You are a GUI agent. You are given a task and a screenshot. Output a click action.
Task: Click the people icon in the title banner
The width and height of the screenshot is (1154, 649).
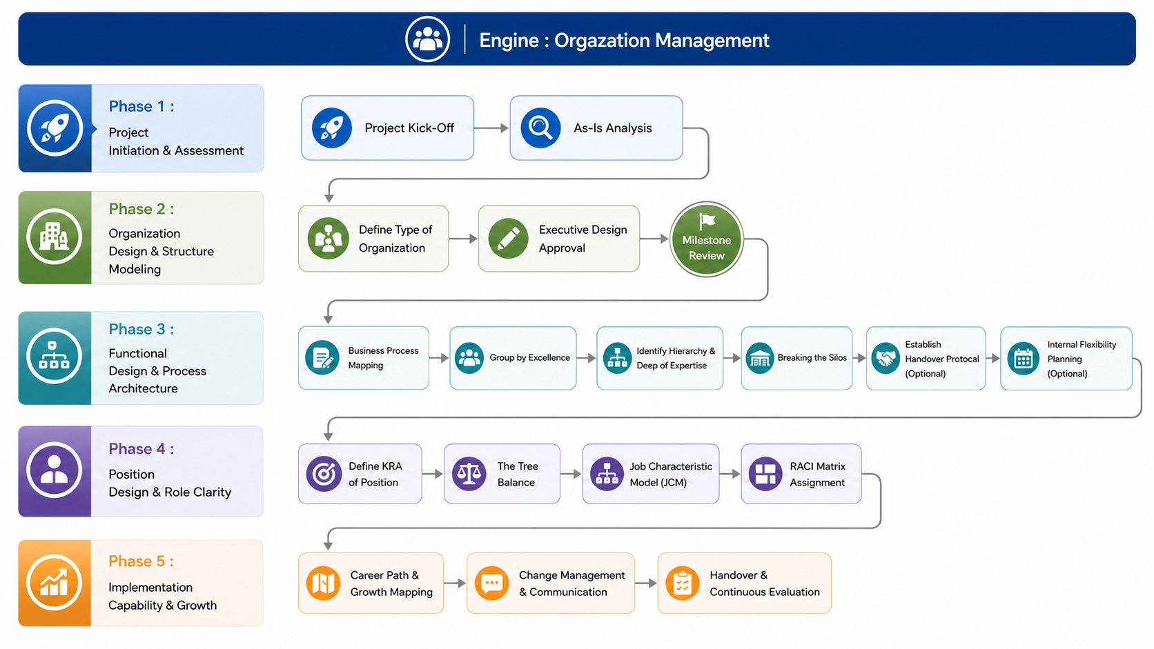(x=427, y=39)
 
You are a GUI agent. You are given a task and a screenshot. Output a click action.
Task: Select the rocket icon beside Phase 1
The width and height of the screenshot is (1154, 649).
(x=55, y=128)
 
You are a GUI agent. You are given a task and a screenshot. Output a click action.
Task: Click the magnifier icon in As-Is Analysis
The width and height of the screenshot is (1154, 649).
(x=540, y=128)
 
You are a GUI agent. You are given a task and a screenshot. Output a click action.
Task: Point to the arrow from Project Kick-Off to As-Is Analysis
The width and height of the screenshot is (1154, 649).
(x=491, y=128)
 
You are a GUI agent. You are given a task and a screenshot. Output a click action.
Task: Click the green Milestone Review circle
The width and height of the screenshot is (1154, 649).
(x=706, y=239)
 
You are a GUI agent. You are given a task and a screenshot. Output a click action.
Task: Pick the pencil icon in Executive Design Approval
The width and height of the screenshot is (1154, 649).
(x=508, y=239)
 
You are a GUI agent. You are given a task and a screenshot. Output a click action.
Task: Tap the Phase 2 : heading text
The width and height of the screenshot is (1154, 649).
(x=141, y=209)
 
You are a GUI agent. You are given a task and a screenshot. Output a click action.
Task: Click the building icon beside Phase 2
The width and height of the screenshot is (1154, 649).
(x=54, y=237)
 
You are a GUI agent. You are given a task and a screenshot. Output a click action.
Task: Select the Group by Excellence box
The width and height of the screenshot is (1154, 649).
(x=513, y=358)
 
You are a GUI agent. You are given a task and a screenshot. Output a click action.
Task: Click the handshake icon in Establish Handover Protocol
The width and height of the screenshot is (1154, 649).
(x=885, y=358)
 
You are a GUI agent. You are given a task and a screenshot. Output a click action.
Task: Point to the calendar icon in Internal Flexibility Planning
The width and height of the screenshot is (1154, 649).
(x=1023, y=358)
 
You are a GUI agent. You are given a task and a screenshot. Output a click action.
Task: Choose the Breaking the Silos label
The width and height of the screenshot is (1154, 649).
(x=812, y=358)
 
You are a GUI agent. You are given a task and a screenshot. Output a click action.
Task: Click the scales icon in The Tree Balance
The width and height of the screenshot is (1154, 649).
(x=469, y=474)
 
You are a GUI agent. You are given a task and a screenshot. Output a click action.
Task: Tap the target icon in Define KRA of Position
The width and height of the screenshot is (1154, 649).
(x=324, y=474)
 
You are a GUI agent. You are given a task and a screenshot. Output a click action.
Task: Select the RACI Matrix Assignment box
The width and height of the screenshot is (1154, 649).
(x=801, y=474)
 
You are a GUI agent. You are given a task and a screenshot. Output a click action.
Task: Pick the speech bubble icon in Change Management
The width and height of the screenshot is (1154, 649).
(x=491, y=583)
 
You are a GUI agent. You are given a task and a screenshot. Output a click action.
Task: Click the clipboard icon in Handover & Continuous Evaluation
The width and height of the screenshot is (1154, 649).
(x=682, y=583)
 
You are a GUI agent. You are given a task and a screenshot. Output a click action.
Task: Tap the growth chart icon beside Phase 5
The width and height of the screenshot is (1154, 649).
(x=54, y=583)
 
